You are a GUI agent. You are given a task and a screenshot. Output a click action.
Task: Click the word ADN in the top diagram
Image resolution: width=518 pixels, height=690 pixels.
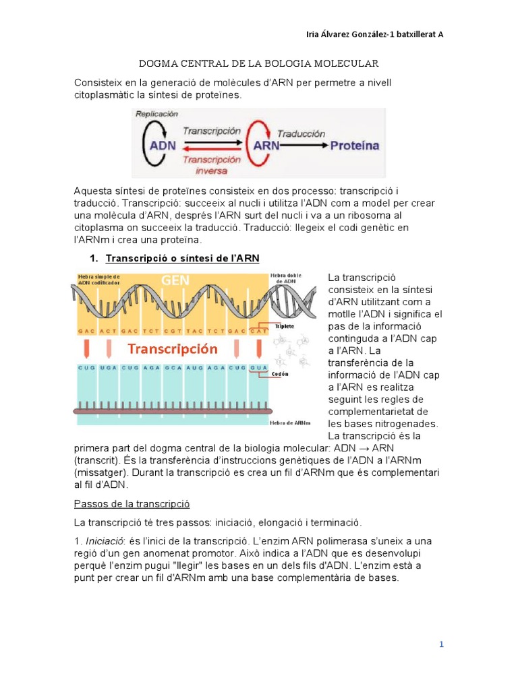click(163, 145)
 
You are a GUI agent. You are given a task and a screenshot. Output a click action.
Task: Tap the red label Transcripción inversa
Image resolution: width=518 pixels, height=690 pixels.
click(211, 164)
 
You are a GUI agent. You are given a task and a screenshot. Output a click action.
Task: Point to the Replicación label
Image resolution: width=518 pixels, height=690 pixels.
click(161, 115)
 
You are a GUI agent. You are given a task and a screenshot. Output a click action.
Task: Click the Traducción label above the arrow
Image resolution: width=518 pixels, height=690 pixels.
click(301, 133)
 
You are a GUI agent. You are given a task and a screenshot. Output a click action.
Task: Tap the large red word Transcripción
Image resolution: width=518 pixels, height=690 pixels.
click(173, 349)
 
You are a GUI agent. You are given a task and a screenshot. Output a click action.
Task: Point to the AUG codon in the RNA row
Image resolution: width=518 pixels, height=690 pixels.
click(193, 368)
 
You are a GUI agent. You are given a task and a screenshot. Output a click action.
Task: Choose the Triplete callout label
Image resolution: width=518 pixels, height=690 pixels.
click(285, 325)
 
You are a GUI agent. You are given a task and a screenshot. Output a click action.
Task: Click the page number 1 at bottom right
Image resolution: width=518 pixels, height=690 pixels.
click(441, 644)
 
